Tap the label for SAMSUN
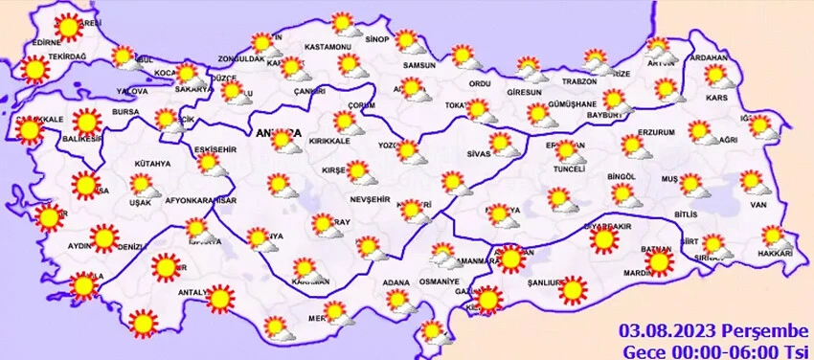pyautogui.click(x=419, y=65)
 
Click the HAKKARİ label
pyautogui.click(x=774, y=253)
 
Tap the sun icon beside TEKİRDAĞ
pyautogui.click(x=34, y=69)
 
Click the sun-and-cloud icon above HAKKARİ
pyautogui.click(x=773, y=236)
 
